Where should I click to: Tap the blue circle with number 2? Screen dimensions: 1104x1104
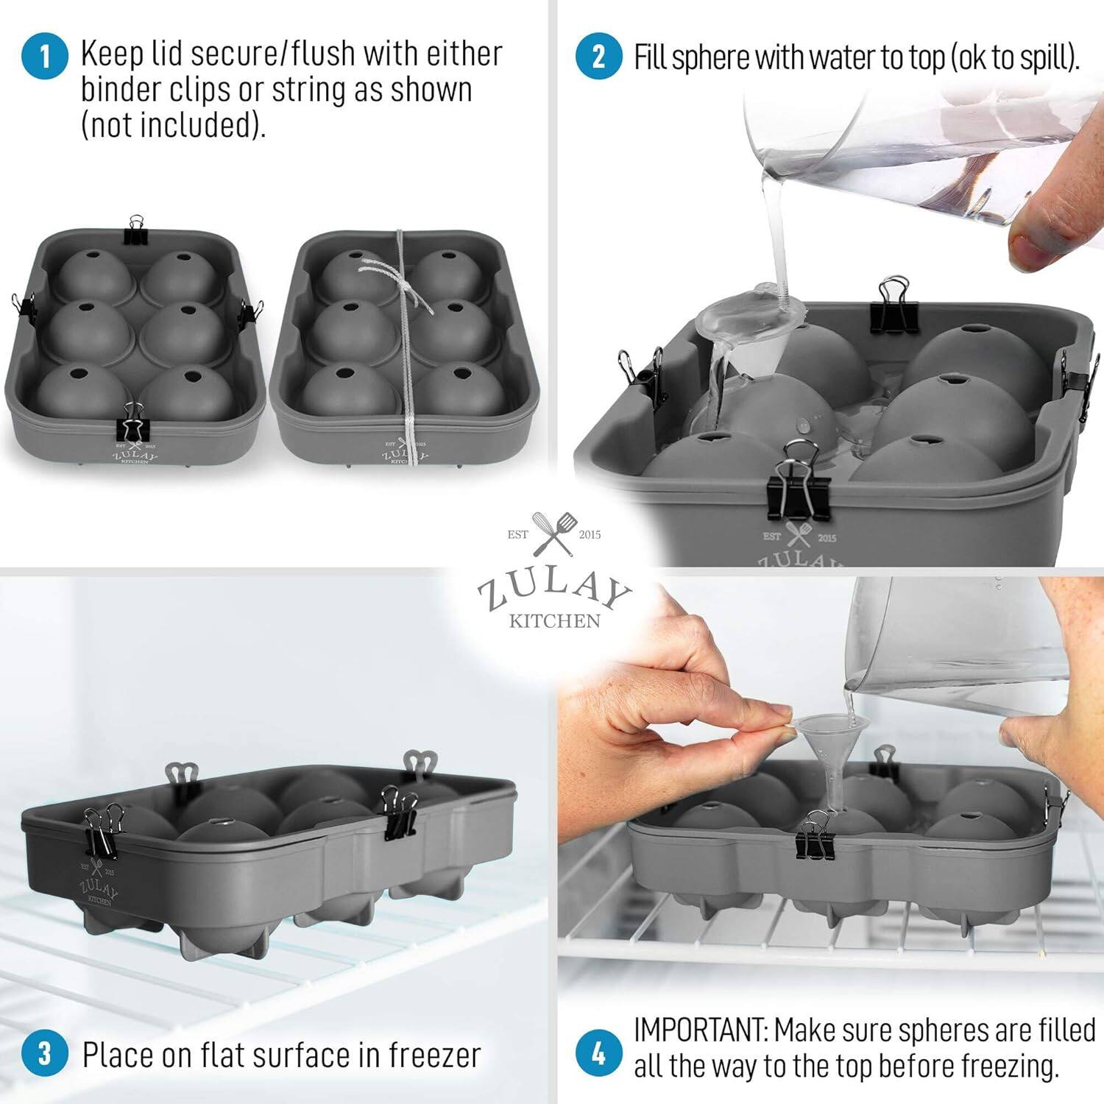click(598, 57)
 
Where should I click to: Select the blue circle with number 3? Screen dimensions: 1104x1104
click(44, 1053)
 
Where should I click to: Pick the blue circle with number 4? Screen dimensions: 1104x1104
click(598, 1053)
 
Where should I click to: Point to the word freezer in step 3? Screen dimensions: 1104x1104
click(434, 1055)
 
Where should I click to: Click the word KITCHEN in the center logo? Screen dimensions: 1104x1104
click(554, 621)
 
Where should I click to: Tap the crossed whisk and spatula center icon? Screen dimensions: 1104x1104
click(553, 534)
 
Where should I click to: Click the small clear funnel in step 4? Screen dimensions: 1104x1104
click(821, 743)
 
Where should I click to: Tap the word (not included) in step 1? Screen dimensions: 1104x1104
click(172, 124)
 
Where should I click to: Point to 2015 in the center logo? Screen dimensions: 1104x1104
click(590, 534)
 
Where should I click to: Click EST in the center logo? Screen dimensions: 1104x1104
click(517, 534)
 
